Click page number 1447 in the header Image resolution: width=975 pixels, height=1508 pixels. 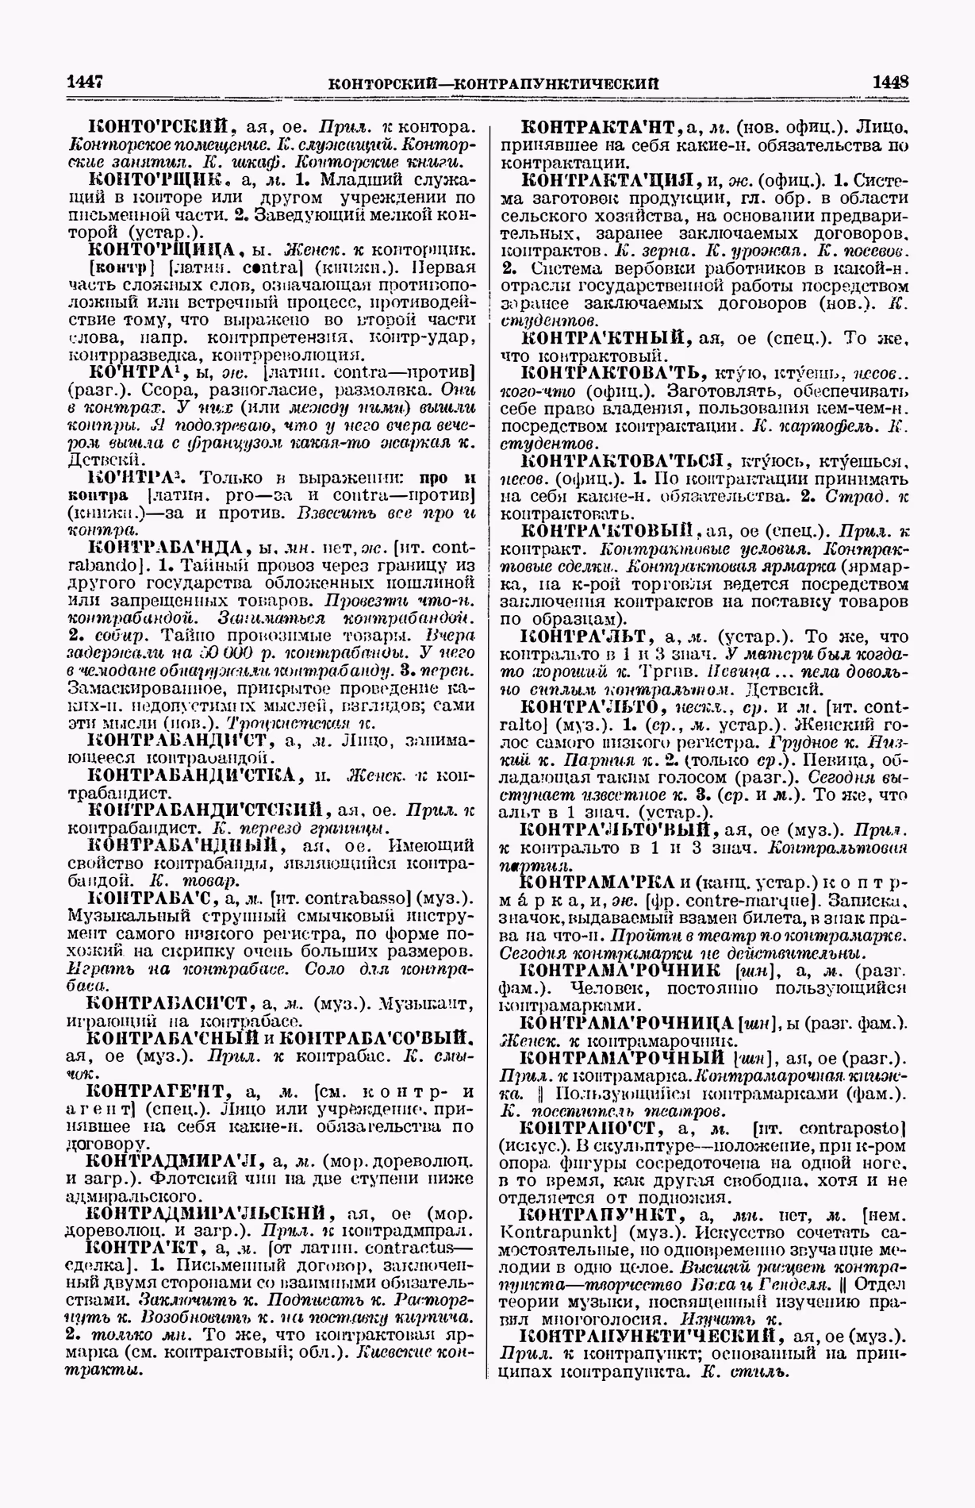pyautogui.click(x=87, y=81)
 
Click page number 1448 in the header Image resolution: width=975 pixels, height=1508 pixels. pyautogui.click(x=888, y=81)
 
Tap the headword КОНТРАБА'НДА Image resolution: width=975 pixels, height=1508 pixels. pyautogui.click(x=170, y=548)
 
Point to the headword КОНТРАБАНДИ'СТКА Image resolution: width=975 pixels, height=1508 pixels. pyautogui.click(x=191, y=775)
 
